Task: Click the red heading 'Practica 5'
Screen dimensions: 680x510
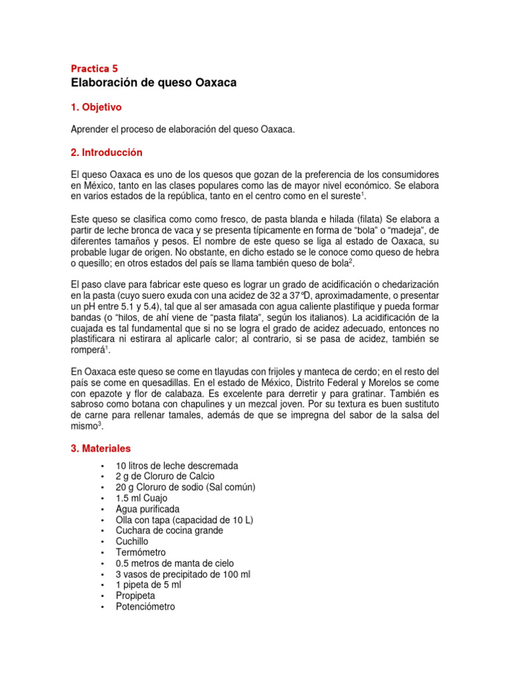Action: click(94, 68)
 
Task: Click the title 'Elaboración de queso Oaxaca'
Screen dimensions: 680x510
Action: click(153, 83)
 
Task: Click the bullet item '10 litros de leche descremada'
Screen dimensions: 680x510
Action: click(177, 466)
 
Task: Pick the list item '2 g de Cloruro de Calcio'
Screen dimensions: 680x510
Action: click(165, 476)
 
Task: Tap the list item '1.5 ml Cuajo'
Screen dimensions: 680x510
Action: click(141, 498)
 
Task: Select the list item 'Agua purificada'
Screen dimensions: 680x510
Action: click(147, 509)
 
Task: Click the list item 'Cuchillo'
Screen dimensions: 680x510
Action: click(132, 541)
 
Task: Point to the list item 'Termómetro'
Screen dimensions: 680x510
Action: click(141, 552)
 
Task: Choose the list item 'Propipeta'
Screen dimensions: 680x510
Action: click(135, 596)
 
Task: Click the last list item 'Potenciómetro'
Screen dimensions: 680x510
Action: click(145, 606)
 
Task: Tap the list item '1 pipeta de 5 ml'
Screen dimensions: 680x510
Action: click(148, 585)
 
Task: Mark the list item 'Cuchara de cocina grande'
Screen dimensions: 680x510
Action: click(169, 531)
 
